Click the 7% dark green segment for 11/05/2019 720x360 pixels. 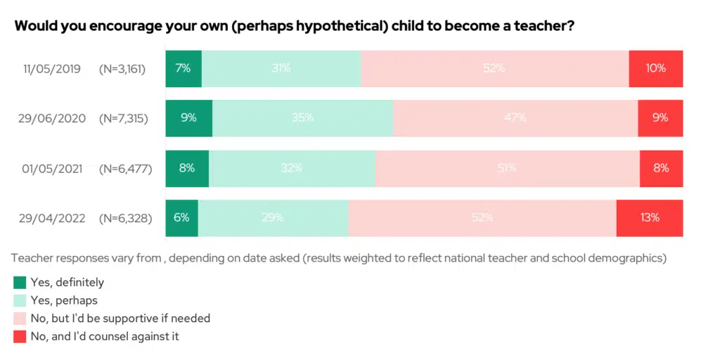tap(184, 68)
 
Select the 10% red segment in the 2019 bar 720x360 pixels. tap(655, 68)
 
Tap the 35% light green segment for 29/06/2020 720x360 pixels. tap(302, 118)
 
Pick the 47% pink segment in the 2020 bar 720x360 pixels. tap(515, 118)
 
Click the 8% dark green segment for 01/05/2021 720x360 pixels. tap(187, 168)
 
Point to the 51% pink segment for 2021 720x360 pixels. tap(507, 168)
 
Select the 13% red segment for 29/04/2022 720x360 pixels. tap(649, 218)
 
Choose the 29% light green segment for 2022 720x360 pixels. tap(273, 218)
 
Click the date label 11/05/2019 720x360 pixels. tap(51, 69)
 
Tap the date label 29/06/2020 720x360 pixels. tap(51, 119)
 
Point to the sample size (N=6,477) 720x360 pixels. tap(126, 169)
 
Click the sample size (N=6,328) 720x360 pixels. tap(126, 219)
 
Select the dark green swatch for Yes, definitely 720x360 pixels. tap(20, 283)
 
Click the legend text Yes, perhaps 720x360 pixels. tap(64, 301)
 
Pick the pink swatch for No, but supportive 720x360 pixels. tap(20, 319)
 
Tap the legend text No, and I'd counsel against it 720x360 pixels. tap(105, 337)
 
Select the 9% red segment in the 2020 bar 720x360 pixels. tap(660, 118)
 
